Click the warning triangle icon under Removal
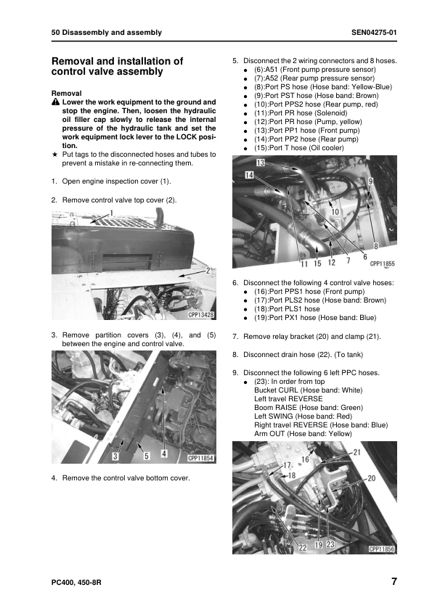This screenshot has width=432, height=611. (x=55, y=102)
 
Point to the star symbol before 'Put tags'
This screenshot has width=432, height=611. (x=55, y=155)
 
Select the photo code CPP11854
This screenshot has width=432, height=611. (x=200, y=458)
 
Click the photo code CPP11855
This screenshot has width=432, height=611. (x=381, y=264)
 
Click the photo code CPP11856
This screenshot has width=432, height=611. (x=381, y=549)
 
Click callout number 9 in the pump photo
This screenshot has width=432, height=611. (x=371, y=181)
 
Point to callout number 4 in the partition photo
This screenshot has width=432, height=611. (x=163, y=454)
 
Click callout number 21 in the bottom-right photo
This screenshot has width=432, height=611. (x=357, y=452)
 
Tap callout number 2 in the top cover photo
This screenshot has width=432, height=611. (x=208, y=270)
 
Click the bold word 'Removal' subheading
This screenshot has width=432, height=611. (x=67, y=94)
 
